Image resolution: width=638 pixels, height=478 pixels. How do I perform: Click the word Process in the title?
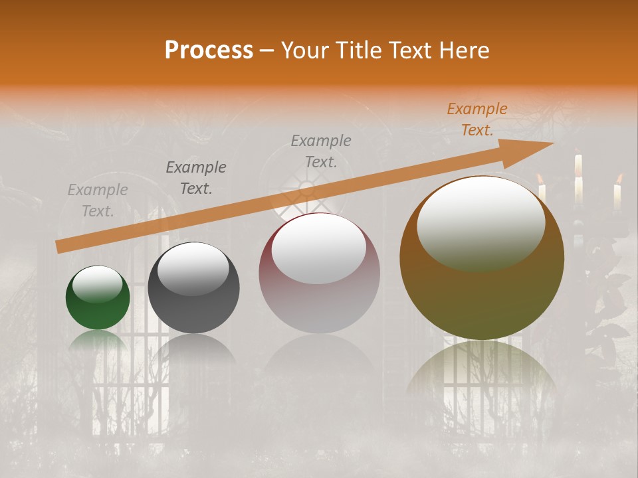click(209, 50)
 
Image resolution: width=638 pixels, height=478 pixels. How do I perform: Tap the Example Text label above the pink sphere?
click(321, 151)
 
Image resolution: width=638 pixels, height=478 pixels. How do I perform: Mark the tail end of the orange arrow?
click(58, 247)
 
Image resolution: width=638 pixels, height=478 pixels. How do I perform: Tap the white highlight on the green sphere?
click(97, 284)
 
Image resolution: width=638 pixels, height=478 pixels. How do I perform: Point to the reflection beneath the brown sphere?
click(482, 372)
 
